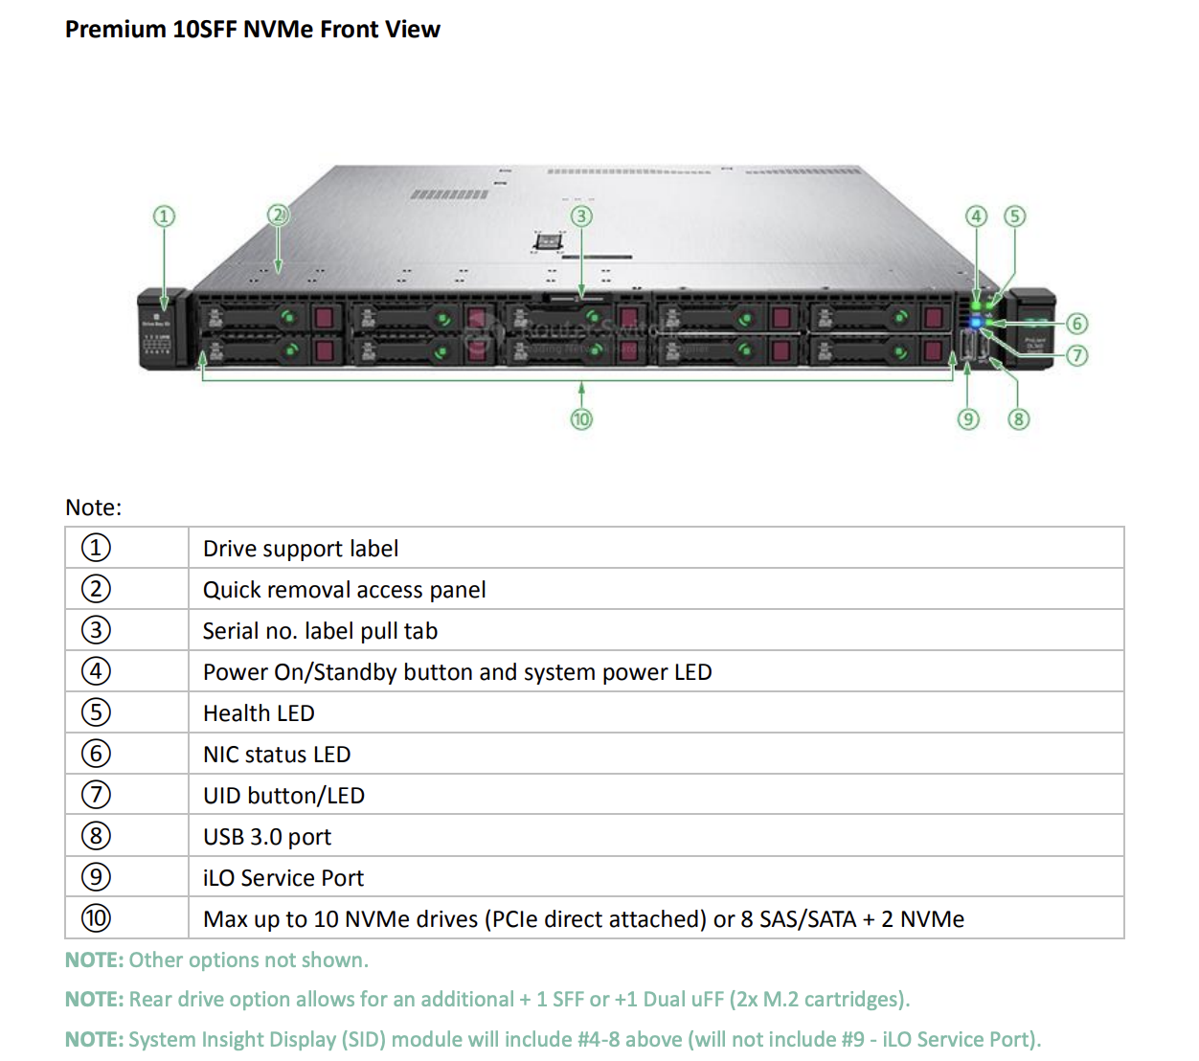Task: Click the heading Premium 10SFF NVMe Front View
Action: [x=252, y=30]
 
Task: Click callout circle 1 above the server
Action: [x=164, y=216]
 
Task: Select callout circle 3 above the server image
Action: [x=581, y=216]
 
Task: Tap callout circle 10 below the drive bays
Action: [x=581, y=419]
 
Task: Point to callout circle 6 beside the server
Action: [x=1077, y=324]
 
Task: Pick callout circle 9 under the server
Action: [x=968, y=419]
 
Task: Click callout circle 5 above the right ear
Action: [x=1014, y=216]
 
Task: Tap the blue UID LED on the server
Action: [x=976, y=323]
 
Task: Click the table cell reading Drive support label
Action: [x=301, y=549]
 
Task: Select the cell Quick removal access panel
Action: [x=344, y=590]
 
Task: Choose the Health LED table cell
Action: [x=259, y=713]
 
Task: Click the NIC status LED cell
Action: [x=277, y=755]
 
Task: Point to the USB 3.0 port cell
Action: [x=267, y=837]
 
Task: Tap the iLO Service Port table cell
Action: [x=283, y=878]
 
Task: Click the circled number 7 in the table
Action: [x=96, y=795]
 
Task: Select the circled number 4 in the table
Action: [x=96, y=671]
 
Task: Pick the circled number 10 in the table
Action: [x=96, y=918]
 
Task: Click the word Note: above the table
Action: [x=94, y=508]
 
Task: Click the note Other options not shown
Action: [x=216, y=960]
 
